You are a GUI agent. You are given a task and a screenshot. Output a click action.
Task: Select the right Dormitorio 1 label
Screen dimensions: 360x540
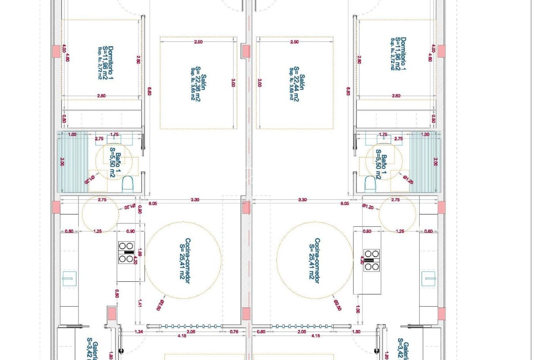click(x=399, y=54)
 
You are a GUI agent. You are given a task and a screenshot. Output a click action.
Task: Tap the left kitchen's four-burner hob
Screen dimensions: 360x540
click(x=126, y=252)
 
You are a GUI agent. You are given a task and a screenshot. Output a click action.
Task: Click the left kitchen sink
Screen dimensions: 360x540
click(x=69, y=279)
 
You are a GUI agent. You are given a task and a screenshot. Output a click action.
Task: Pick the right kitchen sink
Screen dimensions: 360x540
click(x=428, y=279)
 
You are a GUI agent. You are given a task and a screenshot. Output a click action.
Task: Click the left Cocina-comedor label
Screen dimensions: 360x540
click(x=185, y=260)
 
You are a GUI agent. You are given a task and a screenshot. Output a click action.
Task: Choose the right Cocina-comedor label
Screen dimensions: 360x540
click(x=314, y=260)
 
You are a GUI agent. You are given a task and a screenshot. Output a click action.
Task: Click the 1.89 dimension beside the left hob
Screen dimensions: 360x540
click(x=140, y=252)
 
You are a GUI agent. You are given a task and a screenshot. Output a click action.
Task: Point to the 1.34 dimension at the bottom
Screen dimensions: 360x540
click(x=139, y=331)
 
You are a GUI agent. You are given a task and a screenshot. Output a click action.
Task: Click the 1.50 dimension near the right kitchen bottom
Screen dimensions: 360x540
click(x=356, y=331)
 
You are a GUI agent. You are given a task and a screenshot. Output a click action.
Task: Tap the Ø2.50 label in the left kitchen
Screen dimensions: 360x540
click(x=161, y=305)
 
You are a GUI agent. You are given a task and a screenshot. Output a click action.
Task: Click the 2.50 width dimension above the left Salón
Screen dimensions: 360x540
click(x=198, y=42)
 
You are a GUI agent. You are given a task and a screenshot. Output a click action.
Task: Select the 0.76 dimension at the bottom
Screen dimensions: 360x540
click(x=234, y=331)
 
